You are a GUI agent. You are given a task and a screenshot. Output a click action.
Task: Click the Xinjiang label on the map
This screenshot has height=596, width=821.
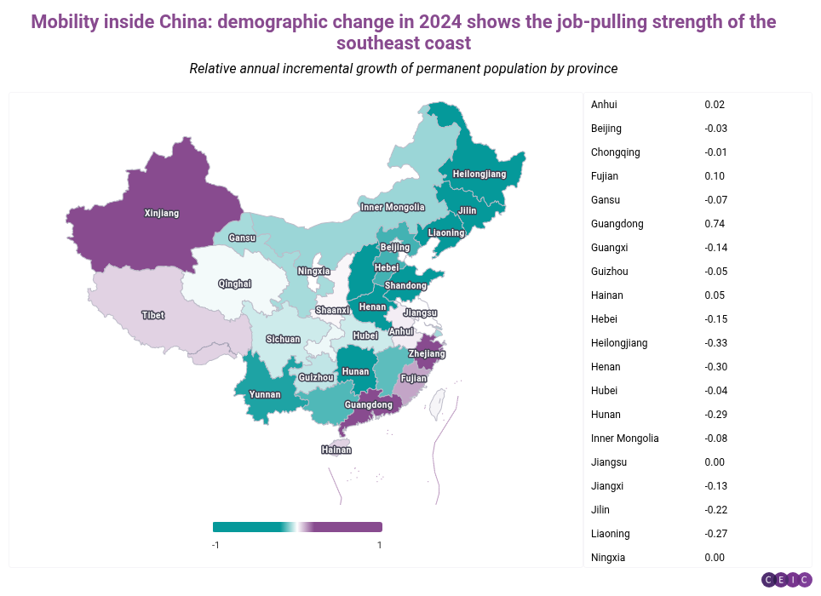162,214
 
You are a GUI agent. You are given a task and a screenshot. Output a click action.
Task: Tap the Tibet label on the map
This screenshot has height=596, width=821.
153,315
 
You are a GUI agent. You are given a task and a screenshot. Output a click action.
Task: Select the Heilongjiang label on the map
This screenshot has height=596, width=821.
479,175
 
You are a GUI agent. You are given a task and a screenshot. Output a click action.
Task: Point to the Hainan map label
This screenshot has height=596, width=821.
336,450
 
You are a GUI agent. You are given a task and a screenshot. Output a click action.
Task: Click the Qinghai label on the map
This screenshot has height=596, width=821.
234,284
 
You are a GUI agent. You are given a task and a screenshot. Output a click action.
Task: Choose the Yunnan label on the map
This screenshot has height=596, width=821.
264,395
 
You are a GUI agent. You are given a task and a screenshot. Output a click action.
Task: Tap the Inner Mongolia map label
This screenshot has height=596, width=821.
393,207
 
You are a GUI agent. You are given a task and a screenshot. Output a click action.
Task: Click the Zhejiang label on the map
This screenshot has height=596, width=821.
427,353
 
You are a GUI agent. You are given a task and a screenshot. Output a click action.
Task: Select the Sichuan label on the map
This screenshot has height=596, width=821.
283,339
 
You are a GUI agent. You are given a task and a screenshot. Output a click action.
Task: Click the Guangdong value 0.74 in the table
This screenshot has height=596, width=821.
715,224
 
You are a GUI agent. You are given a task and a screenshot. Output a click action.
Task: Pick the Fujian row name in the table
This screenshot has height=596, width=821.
605,176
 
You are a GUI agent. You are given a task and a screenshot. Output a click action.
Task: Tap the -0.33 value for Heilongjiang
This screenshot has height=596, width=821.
716,343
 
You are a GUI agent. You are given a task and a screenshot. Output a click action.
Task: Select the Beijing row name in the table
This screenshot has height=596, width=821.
606,129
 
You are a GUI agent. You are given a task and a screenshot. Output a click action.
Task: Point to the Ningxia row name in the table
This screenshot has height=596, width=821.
608,558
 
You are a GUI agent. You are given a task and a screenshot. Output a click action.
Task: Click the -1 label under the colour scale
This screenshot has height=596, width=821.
216,545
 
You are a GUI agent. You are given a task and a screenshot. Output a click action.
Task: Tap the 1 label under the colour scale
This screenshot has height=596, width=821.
379,545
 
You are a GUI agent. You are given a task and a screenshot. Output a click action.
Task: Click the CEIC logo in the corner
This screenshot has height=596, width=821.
786,580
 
